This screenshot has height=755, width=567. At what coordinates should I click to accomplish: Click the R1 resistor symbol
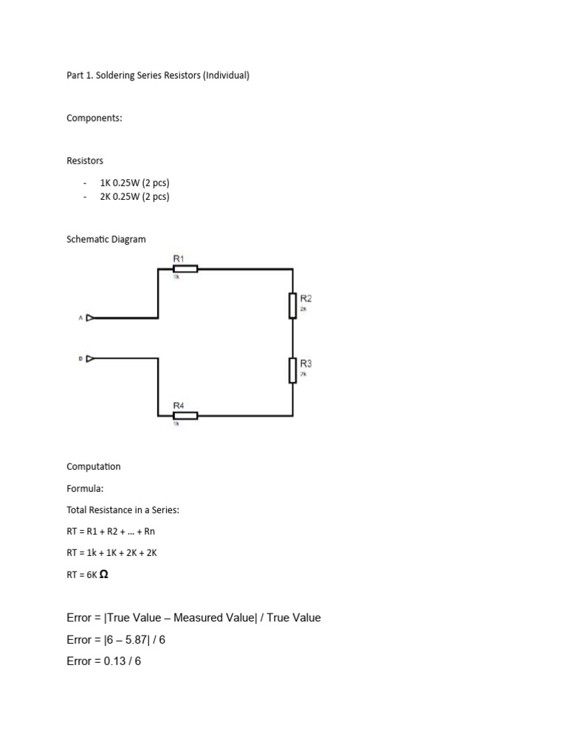tap(185, 269)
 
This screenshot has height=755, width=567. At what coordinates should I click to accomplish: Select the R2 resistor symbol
tap(293, 305)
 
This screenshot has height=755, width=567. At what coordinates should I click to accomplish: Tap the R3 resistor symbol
tap(293, 370)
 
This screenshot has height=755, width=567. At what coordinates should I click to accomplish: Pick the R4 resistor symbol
tap(185, 416)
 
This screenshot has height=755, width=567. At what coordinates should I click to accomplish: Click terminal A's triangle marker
tap(90, 318)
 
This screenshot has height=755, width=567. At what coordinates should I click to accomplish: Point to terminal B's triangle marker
tap(90, 358)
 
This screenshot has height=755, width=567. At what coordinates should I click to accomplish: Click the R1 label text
tap(179, 258)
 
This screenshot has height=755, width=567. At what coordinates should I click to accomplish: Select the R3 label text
tap(306, 363)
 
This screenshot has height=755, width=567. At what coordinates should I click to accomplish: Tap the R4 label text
tap(179, 406)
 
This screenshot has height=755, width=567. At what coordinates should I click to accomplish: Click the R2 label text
tap(306, 299)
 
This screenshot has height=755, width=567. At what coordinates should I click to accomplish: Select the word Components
tap(94, 118)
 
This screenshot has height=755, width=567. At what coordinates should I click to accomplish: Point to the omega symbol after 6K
tap(103, 574)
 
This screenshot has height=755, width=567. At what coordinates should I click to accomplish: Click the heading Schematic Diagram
tap(106, 239)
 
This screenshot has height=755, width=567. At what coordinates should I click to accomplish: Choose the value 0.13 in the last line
tap(115, 661)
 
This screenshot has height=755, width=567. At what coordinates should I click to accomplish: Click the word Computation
tap(93, 467)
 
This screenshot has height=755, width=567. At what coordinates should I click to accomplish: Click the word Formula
tap(83, 488)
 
